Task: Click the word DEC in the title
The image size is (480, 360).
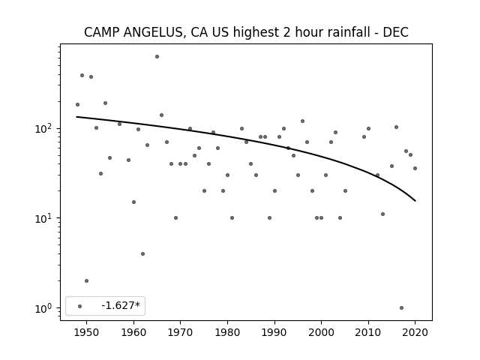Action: click(x=394, y=32)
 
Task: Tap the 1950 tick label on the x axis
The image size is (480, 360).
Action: click(x=86, y=333)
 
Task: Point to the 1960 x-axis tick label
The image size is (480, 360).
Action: click(x=133, y=333)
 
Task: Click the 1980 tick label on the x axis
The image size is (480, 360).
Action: click(x=227, y=333)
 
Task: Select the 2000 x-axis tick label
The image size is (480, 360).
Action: click(x=321, y=333)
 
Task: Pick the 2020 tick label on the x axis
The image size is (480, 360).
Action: click(x=415, y=333)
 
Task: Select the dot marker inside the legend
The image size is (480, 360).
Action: click(x=79, y=306)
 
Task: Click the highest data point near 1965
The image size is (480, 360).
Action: click(x=157, y=56)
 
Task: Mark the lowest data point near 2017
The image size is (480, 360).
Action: click(x=401, y=307)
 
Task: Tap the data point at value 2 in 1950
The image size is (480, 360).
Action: click(x=86, y=280)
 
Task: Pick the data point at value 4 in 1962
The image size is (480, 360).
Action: click(x=142, y=253)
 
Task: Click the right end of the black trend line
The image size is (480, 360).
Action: click(x=415, y=200)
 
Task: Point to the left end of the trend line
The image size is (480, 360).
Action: click(x=77, y=117)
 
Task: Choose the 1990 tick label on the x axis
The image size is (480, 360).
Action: click(x=274, y=333)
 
